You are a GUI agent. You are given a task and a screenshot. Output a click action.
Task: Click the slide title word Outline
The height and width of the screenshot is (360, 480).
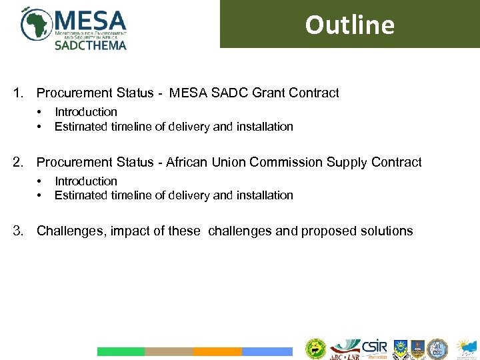349,25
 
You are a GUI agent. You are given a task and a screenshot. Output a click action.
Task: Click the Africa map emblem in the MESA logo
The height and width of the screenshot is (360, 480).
36,24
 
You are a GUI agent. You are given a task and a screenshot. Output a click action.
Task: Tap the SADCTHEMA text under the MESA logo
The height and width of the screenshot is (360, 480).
90,45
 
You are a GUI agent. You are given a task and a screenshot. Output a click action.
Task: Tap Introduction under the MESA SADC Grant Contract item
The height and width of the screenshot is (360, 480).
85,112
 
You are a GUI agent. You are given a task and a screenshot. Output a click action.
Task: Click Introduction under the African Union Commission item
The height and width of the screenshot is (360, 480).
85,181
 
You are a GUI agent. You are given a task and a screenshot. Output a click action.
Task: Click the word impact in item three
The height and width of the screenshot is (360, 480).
129,231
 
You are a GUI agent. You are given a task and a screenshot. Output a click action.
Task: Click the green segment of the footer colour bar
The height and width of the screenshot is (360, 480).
121,351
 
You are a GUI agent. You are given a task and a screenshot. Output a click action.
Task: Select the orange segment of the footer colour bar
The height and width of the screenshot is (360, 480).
217,351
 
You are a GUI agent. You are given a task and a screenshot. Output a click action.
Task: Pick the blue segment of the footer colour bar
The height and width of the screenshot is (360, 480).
267,351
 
